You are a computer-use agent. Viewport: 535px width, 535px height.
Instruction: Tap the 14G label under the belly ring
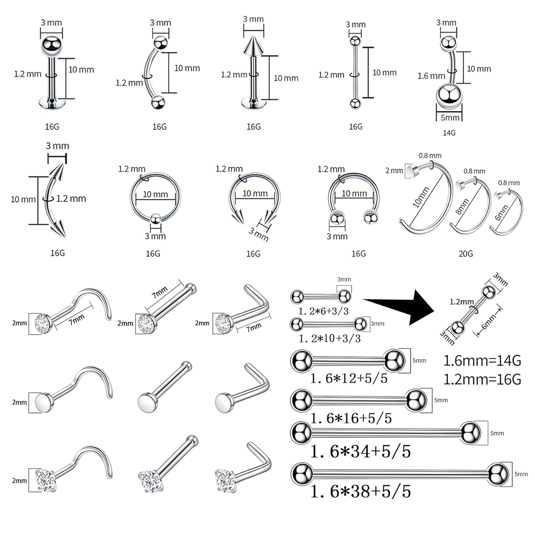click(449, 133)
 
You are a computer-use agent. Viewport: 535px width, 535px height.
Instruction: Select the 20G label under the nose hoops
click(465, 254)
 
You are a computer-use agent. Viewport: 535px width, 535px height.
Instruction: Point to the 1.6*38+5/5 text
click(361, 492)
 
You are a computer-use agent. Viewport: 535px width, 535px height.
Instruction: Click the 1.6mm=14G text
click(482, 361)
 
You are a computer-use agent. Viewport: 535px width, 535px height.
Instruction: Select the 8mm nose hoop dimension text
click(462, 207)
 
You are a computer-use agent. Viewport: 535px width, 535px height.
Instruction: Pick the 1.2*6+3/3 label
click(323, 311)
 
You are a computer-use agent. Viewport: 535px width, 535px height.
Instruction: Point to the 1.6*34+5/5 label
click(361, 452)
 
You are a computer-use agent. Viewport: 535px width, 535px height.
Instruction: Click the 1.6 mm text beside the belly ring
click(431, 76)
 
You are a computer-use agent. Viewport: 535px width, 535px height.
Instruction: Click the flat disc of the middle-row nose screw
click(44, 402)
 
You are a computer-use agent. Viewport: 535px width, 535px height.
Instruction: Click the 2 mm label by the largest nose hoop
click(394, 170)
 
